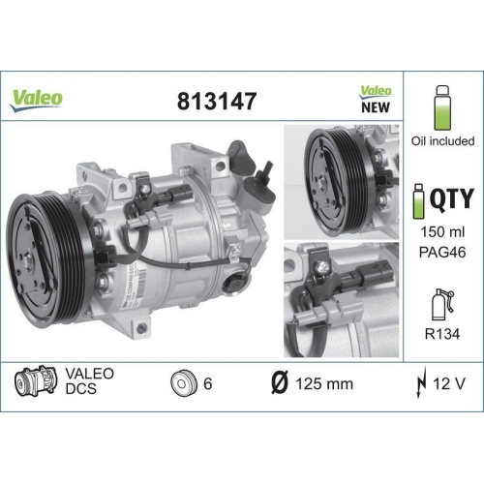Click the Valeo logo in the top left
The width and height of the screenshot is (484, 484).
pos(37,97)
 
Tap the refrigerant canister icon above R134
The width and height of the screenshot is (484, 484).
pos(441,302)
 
